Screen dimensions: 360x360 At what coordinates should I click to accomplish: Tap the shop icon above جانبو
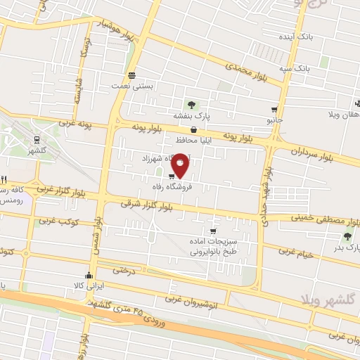[275, 109]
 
